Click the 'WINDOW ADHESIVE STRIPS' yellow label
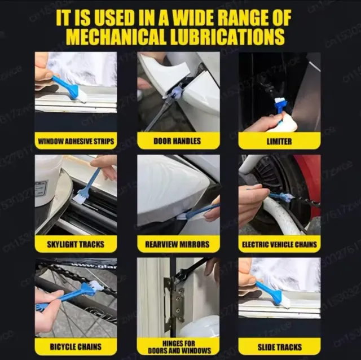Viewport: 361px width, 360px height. click(76, 141)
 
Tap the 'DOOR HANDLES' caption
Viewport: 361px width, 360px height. click(177, 141)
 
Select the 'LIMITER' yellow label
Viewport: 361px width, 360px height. click(279, 141)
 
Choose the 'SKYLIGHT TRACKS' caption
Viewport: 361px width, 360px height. click(76, 244)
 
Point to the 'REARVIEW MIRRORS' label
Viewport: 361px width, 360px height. click(177, 244)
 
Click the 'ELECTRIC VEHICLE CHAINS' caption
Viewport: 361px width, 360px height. click(279, 244)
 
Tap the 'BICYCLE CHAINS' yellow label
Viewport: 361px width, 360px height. click(76, 346)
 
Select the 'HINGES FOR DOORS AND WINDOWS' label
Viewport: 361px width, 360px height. click(177, 346)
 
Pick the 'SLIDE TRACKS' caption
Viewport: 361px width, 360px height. click(279, 346)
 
